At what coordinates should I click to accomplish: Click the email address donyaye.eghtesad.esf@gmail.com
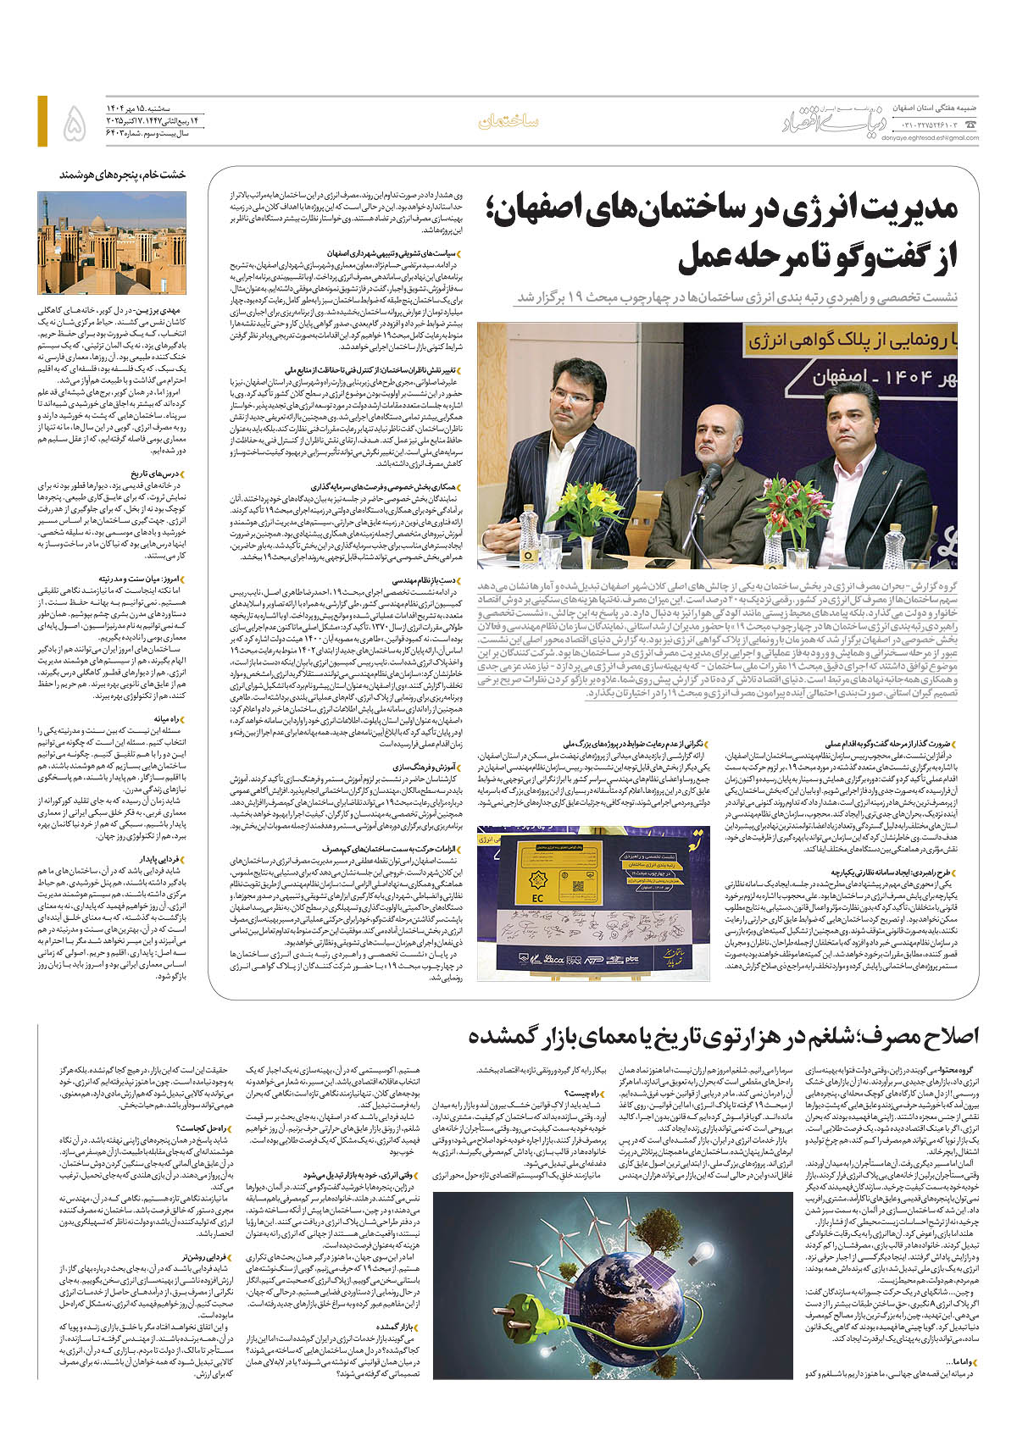click(929, 139)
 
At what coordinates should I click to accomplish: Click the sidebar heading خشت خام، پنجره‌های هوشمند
click(122, 175)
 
